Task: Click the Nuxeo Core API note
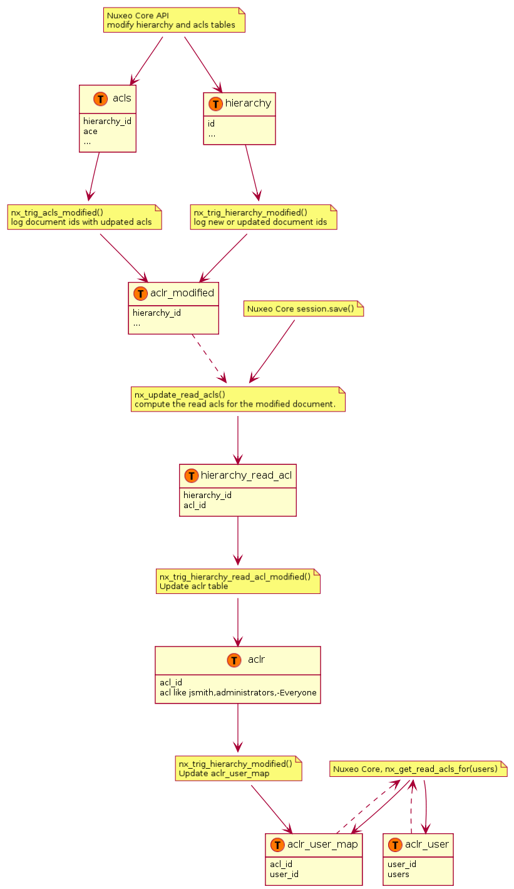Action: coord(174,20)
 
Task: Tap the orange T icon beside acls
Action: coord(100,98)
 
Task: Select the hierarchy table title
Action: coord(248,103)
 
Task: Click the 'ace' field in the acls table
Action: coord(90,132)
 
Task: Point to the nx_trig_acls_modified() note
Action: coord(85,217)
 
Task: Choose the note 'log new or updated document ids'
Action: coord(264,217)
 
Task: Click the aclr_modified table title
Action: coord(182,293)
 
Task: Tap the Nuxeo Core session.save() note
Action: coord(304,309)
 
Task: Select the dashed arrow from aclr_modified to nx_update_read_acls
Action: coord(209,358)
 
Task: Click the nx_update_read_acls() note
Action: coord(238,399)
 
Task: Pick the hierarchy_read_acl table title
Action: coord(246,475)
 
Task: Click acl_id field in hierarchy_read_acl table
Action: coord(194,505)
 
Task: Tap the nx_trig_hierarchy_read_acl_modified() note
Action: coord(238,581)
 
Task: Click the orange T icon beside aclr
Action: coord(234,660)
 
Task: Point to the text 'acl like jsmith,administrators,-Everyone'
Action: coord(238,692)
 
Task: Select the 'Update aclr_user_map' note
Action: coord(239,768)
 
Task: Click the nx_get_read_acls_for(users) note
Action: coord(418,769)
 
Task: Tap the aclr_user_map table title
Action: coord(322,844)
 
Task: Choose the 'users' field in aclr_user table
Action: coord(398,875)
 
